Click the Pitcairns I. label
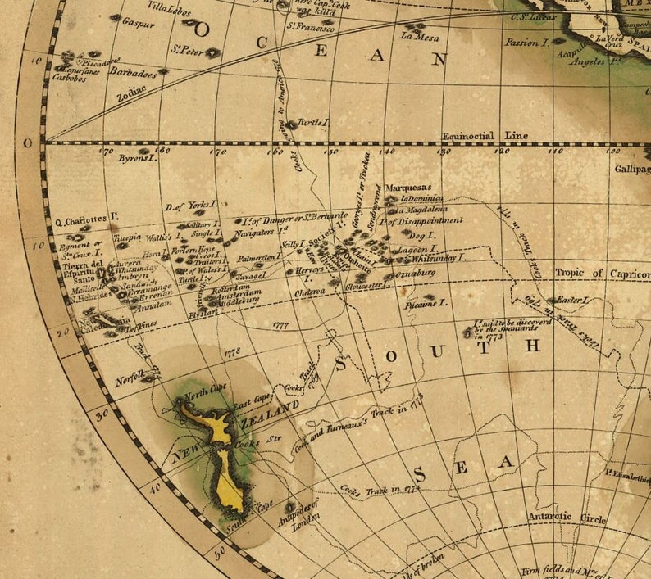pyautogui.click(x=426, y=305)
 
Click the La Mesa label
pyautogui.click(x=420, y=37)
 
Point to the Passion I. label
pyautogui.click(x=526, y=42)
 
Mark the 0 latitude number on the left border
pyautogui.click(x=26, y=142)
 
